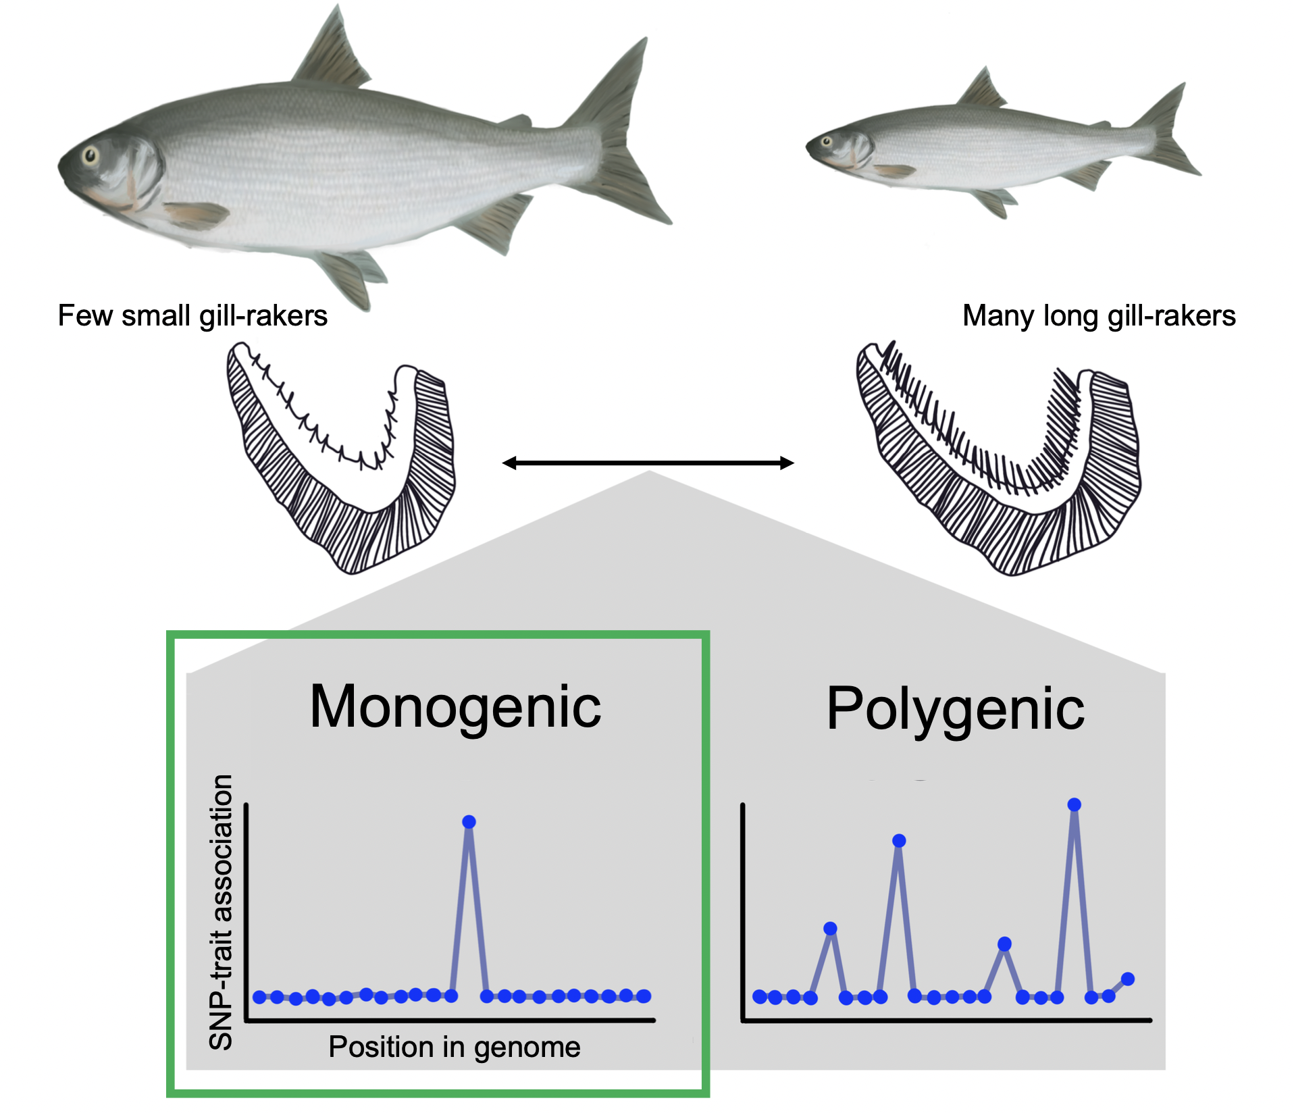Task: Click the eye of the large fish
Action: coord(90,156)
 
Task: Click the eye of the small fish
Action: coord(825,141)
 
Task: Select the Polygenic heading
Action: coord(955,708)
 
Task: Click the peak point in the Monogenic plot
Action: coord(469,822)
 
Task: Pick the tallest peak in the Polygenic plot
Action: coord(1075,804)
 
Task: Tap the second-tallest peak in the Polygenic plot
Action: coord(899,841)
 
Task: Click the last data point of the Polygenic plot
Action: coord(1127,979)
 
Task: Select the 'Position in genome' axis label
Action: coord(454,1047)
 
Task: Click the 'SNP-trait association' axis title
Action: coord(222,912)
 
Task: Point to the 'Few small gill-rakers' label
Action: coord(192,316)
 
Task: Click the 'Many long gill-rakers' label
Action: coord(1099,316)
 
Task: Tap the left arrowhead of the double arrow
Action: coord(509,463)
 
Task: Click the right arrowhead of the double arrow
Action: coord(787,463)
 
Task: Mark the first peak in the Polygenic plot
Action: coord(831,929)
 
